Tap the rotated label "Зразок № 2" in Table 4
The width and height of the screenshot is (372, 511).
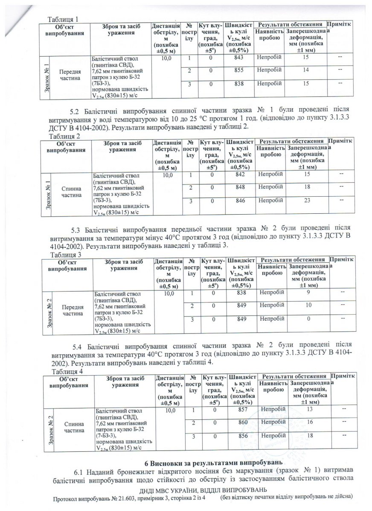pyautogui.click(x=49, y=428)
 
